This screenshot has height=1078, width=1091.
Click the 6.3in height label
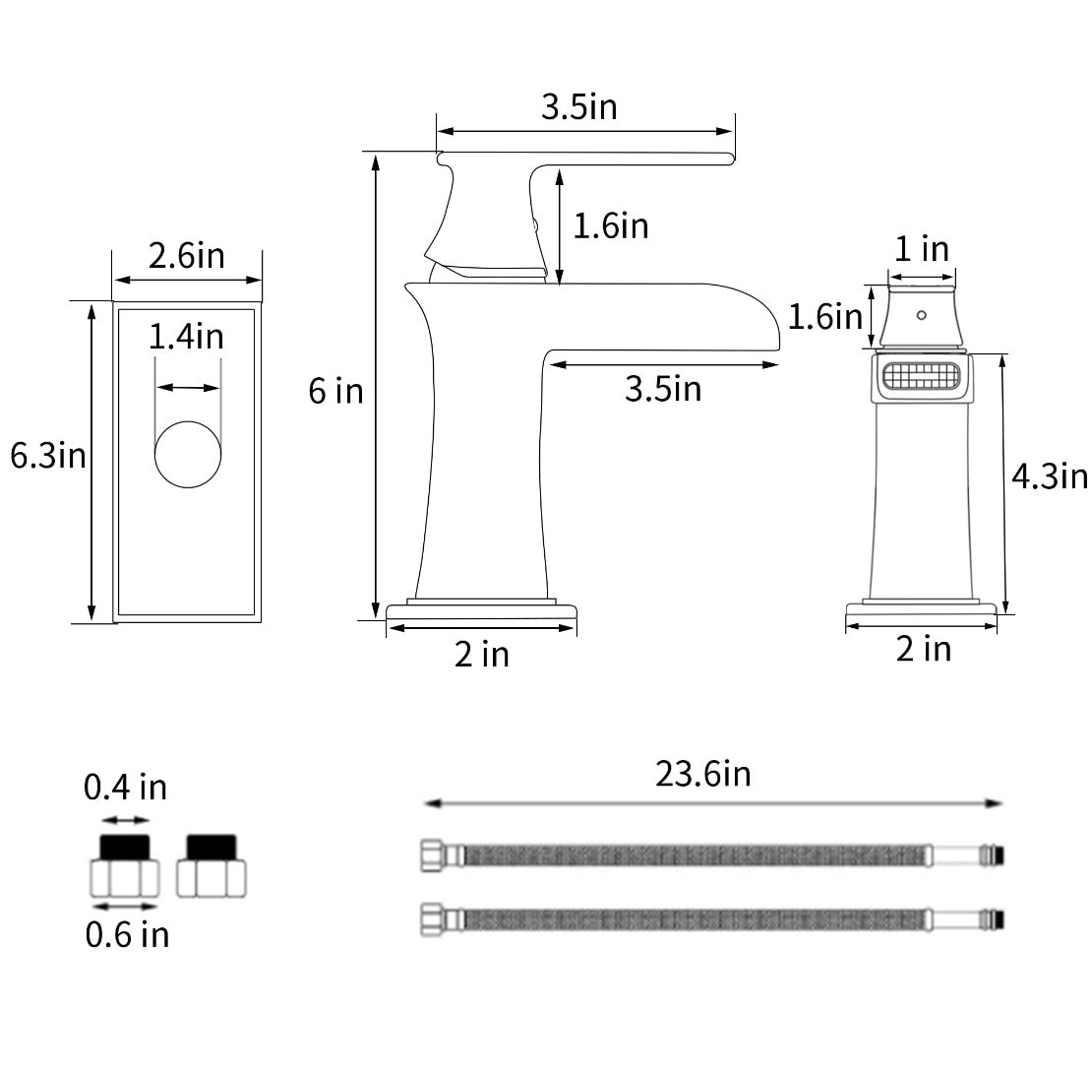click(48, 456)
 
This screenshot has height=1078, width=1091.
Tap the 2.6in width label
click(187, 256)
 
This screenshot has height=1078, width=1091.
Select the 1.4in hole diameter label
click(187, 337)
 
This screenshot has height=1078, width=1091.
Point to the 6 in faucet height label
click(336, 392)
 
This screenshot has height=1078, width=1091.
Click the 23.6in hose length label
click(703, 775)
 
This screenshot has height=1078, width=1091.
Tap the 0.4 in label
click(125, 788)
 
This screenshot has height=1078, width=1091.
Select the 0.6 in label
click(127, 934)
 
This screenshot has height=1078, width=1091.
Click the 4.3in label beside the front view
click(1050, 477)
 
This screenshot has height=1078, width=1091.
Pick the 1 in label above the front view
click(921, 249)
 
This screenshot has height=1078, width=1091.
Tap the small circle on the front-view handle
click(921, 315)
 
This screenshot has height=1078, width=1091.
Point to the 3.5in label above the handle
click(579, 107)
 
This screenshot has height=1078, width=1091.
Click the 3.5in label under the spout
click(663, 389)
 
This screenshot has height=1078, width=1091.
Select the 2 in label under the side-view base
click(482, 655)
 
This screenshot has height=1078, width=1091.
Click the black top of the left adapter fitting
click(125, 847)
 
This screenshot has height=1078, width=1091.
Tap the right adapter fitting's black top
click(212, 847)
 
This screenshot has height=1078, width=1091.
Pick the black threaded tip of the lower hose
click(1000, 919)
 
